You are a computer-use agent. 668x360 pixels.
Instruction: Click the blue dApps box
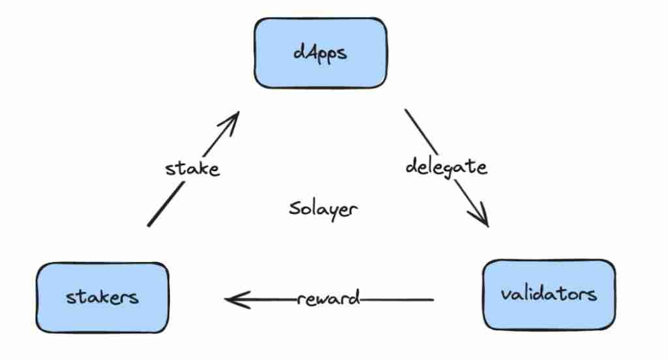pyautogui.click(x=320, y=53)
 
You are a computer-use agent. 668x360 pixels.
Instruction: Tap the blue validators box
pyautogui.click(x=548, y=293)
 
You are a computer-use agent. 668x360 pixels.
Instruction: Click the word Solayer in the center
pyautogui.click(x=323, y=209)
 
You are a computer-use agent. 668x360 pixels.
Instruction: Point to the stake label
pyautogui.click(x=192, y=168)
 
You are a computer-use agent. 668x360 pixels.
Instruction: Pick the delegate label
pyautogui.click(x=446, y=166)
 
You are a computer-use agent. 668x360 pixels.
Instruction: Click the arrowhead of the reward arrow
pyautogui.click(x=230, y=300)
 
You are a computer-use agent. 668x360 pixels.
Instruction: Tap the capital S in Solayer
pyautogui.click(x=294, y=209)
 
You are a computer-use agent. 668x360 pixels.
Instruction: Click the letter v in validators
pyautogui.click(x=505, y=294)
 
